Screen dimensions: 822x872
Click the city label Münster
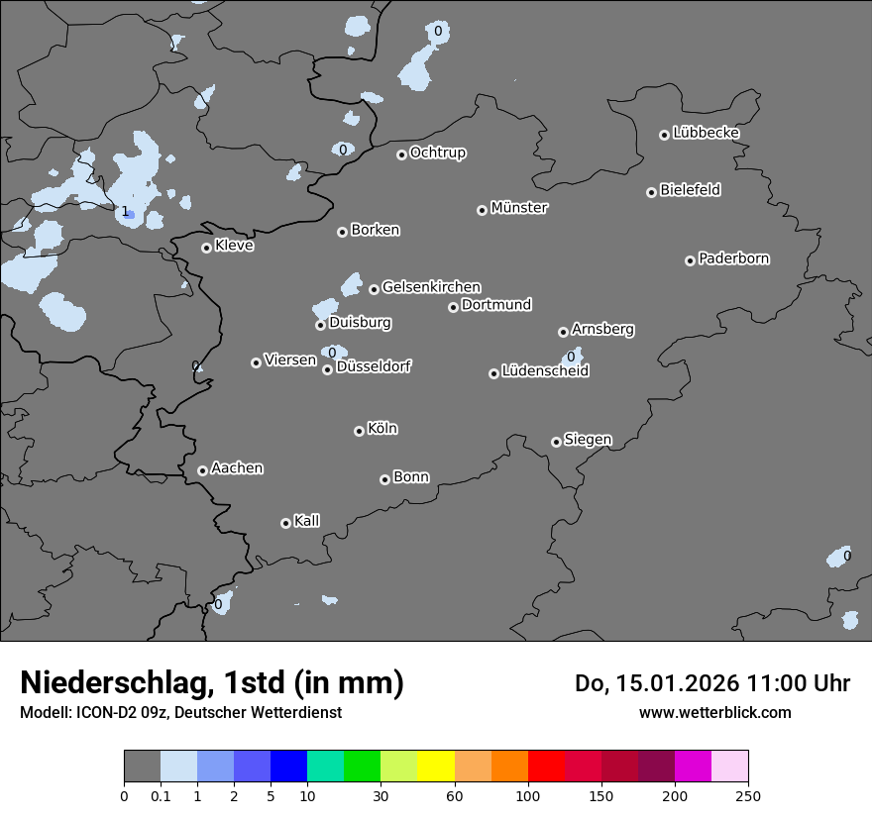coord(519,208)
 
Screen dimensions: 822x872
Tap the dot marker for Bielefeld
coord(652,192)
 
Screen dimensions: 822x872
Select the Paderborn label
coord(734,258)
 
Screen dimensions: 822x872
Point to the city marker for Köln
coord(359,431)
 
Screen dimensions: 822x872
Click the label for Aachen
coord(237,468)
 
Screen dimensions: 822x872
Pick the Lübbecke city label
coord(707,133)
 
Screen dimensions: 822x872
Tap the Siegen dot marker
coord(556,442)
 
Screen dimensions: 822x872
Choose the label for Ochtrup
coord(438,153)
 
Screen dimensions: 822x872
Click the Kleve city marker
coord(206,248)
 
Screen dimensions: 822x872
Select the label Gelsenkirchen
coord(431,287)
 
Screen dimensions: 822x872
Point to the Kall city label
coord(307,521)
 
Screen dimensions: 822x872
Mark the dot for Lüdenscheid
coord(493,373)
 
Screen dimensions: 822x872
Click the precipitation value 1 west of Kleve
coord(125,211)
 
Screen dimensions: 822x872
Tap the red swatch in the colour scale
coord(546,767)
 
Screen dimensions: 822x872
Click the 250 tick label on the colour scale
coord(748,795)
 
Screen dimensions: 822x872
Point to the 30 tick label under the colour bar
coord(380,795)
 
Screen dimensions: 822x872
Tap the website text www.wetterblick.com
coord(714,712)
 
